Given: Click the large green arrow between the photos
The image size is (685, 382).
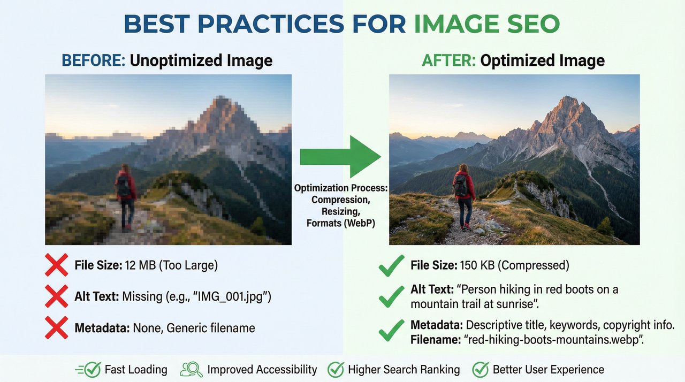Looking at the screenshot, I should point(340,156).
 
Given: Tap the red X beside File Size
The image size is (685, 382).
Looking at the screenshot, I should point(57,265).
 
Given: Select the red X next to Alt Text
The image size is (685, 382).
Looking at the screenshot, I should point(57,296).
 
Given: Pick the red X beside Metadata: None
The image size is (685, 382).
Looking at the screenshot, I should point(57,327).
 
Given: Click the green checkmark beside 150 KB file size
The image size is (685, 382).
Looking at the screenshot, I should point(391,265).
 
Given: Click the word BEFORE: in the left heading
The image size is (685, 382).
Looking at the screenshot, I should point(94,60).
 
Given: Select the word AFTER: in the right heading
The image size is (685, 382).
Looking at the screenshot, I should point(448,60).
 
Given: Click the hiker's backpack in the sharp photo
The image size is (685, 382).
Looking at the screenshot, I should point(460,186).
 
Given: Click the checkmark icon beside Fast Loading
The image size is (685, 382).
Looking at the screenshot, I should point(92,369).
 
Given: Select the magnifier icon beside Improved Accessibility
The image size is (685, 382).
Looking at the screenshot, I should point(191,369).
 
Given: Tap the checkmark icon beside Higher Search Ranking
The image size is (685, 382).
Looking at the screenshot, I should point(336,369).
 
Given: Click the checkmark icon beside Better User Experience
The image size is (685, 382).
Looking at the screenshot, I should point(480,369).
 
